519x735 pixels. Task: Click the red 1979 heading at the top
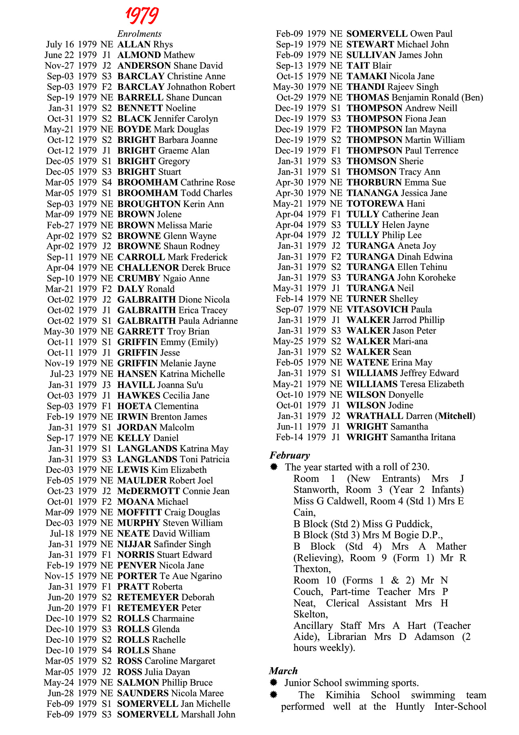[142, 16]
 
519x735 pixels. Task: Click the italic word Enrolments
[139, 34]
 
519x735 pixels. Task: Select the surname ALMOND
[139, 55]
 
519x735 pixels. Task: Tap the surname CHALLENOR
[148, 268]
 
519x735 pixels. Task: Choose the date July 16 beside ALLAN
[60, 45]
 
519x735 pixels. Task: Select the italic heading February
[289, 455]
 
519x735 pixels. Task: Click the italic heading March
[283, 671]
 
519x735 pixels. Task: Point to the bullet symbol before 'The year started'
[274, 467]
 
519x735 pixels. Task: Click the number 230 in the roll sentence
[419, 467]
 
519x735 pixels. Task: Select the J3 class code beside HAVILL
[107, 385]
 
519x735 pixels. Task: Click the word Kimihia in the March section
[343, 695]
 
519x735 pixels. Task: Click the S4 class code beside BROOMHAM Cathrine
[107, 183]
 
